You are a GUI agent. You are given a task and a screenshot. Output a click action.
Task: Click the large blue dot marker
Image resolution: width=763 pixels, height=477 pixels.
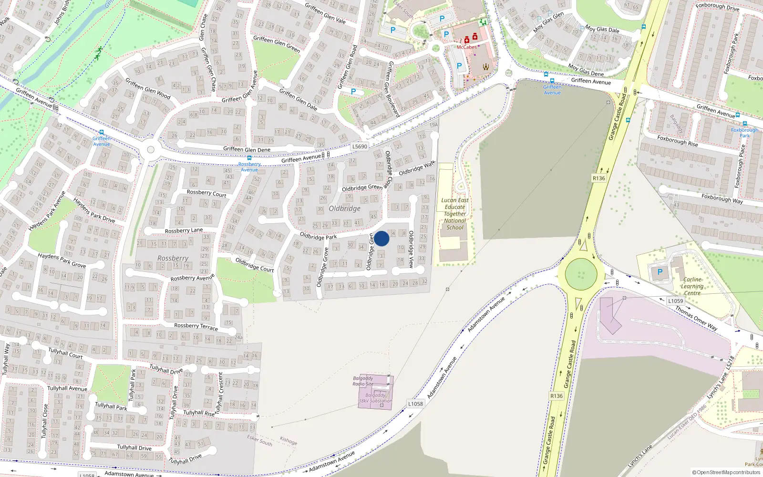(381, 238)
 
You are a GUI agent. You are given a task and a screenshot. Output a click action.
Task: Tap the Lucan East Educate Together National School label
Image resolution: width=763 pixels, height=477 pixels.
(454, 214)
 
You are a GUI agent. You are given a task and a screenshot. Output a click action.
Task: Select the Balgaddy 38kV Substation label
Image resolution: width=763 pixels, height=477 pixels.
(375, 398)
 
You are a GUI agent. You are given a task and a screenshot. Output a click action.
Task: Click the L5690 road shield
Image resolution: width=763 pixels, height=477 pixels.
(360, 146)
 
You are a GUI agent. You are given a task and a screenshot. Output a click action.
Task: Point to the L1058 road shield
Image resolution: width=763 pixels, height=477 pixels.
(415, 404)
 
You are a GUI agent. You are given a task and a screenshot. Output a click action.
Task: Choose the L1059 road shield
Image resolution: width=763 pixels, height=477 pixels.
(675, 301)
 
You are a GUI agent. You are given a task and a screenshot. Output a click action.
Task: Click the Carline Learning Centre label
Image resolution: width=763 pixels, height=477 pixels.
(692, 286)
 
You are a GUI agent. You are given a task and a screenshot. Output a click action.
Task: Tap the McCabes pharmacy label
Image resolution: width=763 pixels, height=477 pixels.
(466, 47)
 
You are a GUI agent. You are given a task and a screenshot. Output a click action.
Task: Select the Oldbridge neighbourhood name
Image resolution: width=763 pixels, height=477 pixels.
(344, 208)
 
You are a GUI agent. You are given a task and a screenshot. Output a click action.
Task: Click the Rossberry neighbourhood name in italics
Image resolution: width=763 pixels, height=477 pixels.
(173, 258)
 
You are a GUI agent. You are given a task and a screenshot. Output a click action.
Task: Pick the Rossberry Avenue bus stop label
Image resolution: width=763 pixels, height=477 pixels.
(249, 167)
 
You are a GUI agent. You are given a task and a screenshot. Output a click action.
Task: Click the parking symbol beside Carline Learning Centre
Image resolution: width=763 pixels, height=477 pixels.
(660, 272)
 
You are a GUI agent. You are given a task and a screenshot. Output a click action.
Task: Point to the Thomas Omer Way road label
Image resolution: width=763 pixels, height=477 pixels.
(696, 318)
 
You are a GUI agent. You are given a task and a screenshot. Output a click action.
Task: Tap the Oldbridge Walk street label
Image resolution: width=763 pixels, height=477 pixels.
(417, 168)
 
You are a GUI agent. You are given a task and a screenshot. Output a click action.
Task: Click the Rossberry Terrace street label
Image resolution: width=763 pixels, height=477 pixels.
(196, 326)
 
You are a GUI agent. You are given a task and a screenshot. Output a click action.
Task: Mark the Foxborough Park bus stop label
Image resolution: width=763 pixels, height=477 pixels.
(744, 133)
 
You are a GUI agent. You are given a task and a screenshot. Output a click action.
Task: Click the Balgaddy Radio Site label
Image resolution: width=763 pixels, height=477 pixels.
(363, 381)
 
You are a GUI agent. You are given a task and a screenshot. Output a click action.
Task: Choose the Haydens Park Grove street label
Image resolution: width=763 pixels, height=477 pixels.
(62, 260)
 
